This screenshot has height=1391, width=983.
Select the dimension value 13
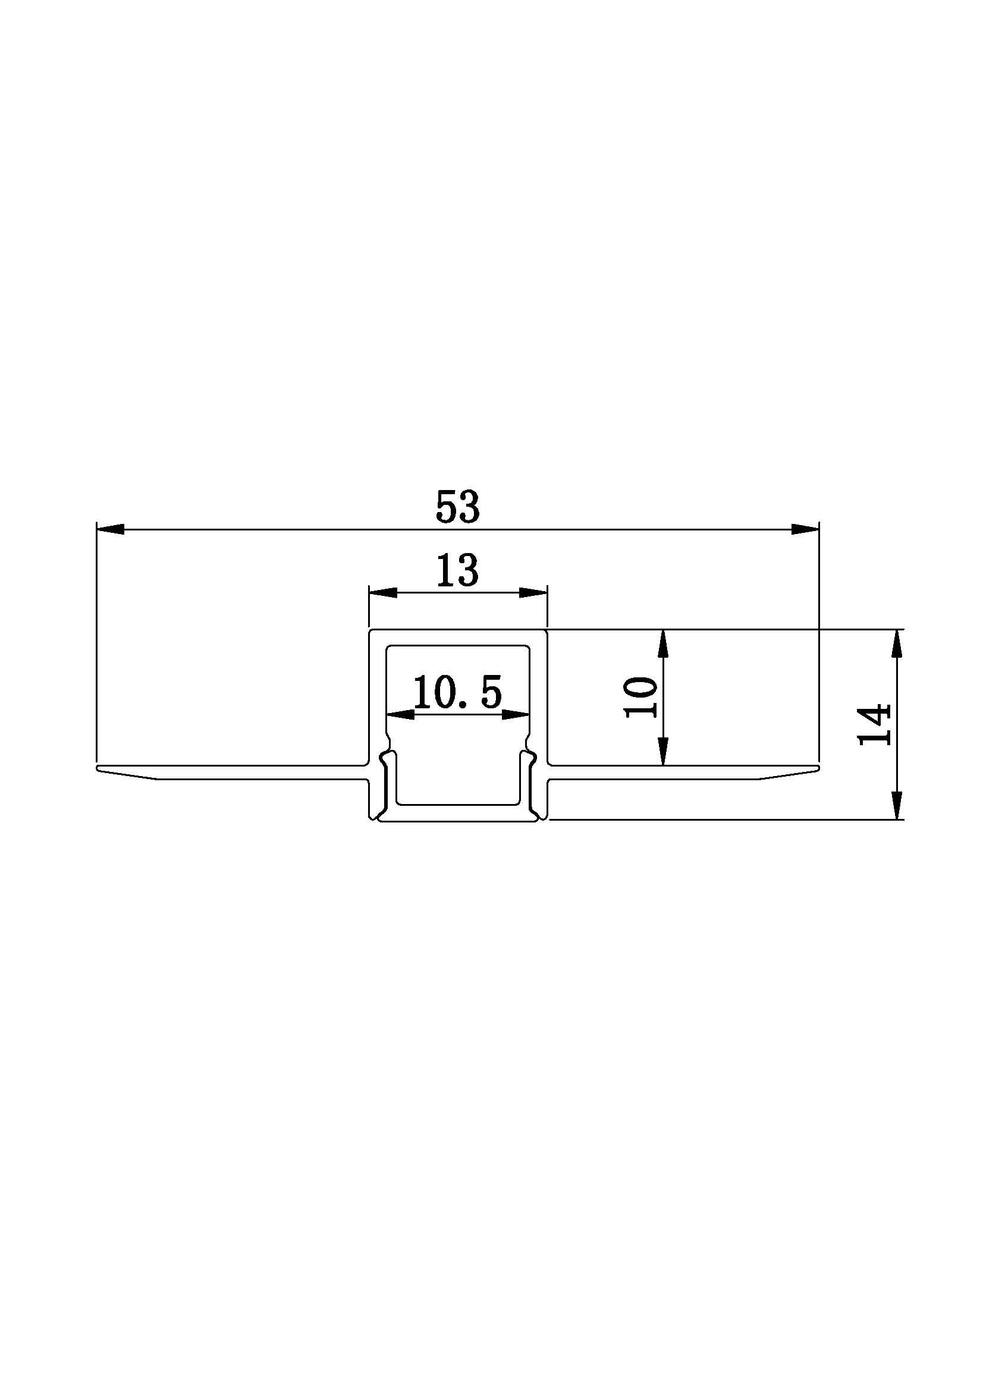(x=458, y=570)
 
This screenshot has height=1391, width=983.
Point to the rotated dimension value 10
(x=641, y=698)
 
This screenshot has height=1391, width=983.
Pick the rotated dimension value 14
(x=874, y=724)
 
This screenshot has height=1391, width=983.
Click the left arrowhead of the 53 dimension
(x=111, y=529)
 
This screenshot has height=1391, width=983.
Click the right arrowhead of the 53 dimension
(x=805, y=529)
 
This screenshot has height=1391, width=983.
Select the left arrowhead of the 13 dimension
(x=384, y=592)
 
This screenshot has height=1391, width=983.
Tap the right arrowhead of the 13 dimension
(x=533, y=592)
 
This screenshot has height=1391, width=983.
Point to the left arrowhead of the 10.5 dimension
(x=401, y=714)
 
